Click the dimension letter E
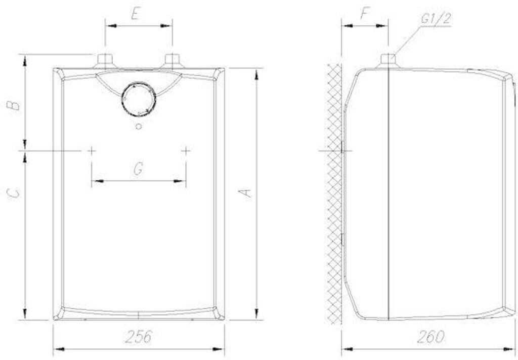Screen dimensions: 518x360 click(135, 14)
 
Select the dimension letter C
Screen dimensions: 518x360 click(14, 193)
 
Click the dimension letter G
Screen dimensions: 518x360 click(138, 169)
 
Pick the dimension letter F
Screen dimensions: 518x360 click(364, 14)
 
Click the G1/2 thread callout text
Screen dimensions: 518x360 click(436, 19)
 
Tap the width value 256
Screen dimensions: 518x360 click(139, 337)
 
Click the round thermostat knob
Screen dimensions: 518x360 click(139, 99)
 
